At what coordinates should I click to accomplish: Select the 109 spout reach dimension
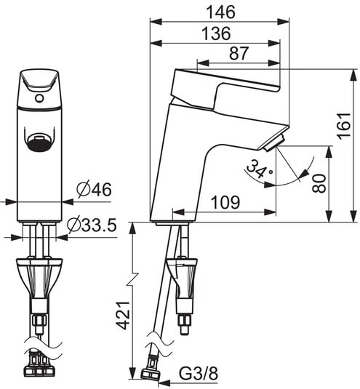[x=225, y=203]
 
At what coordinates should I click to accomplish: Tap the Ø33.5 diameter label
[x=92, y=226]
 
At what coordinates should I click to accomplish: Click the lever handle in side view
[x=225, y=84]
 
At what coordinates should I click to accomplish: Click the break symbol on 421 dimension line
[x=133, y=280]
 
